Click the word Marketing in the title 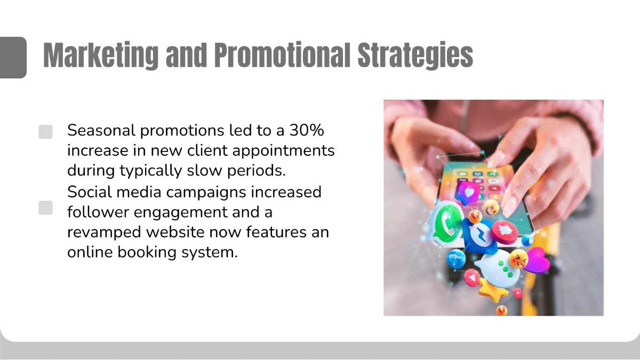[x=100, y=55]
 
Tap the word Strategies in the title [x=415, y=55]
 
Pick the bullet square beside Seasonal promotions [x=46, y=132]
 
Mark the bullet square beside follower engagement [x=46, y=208]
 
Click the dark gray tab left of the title [x=13, y=57]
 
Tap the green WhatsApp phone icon [x=446, y=225]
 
